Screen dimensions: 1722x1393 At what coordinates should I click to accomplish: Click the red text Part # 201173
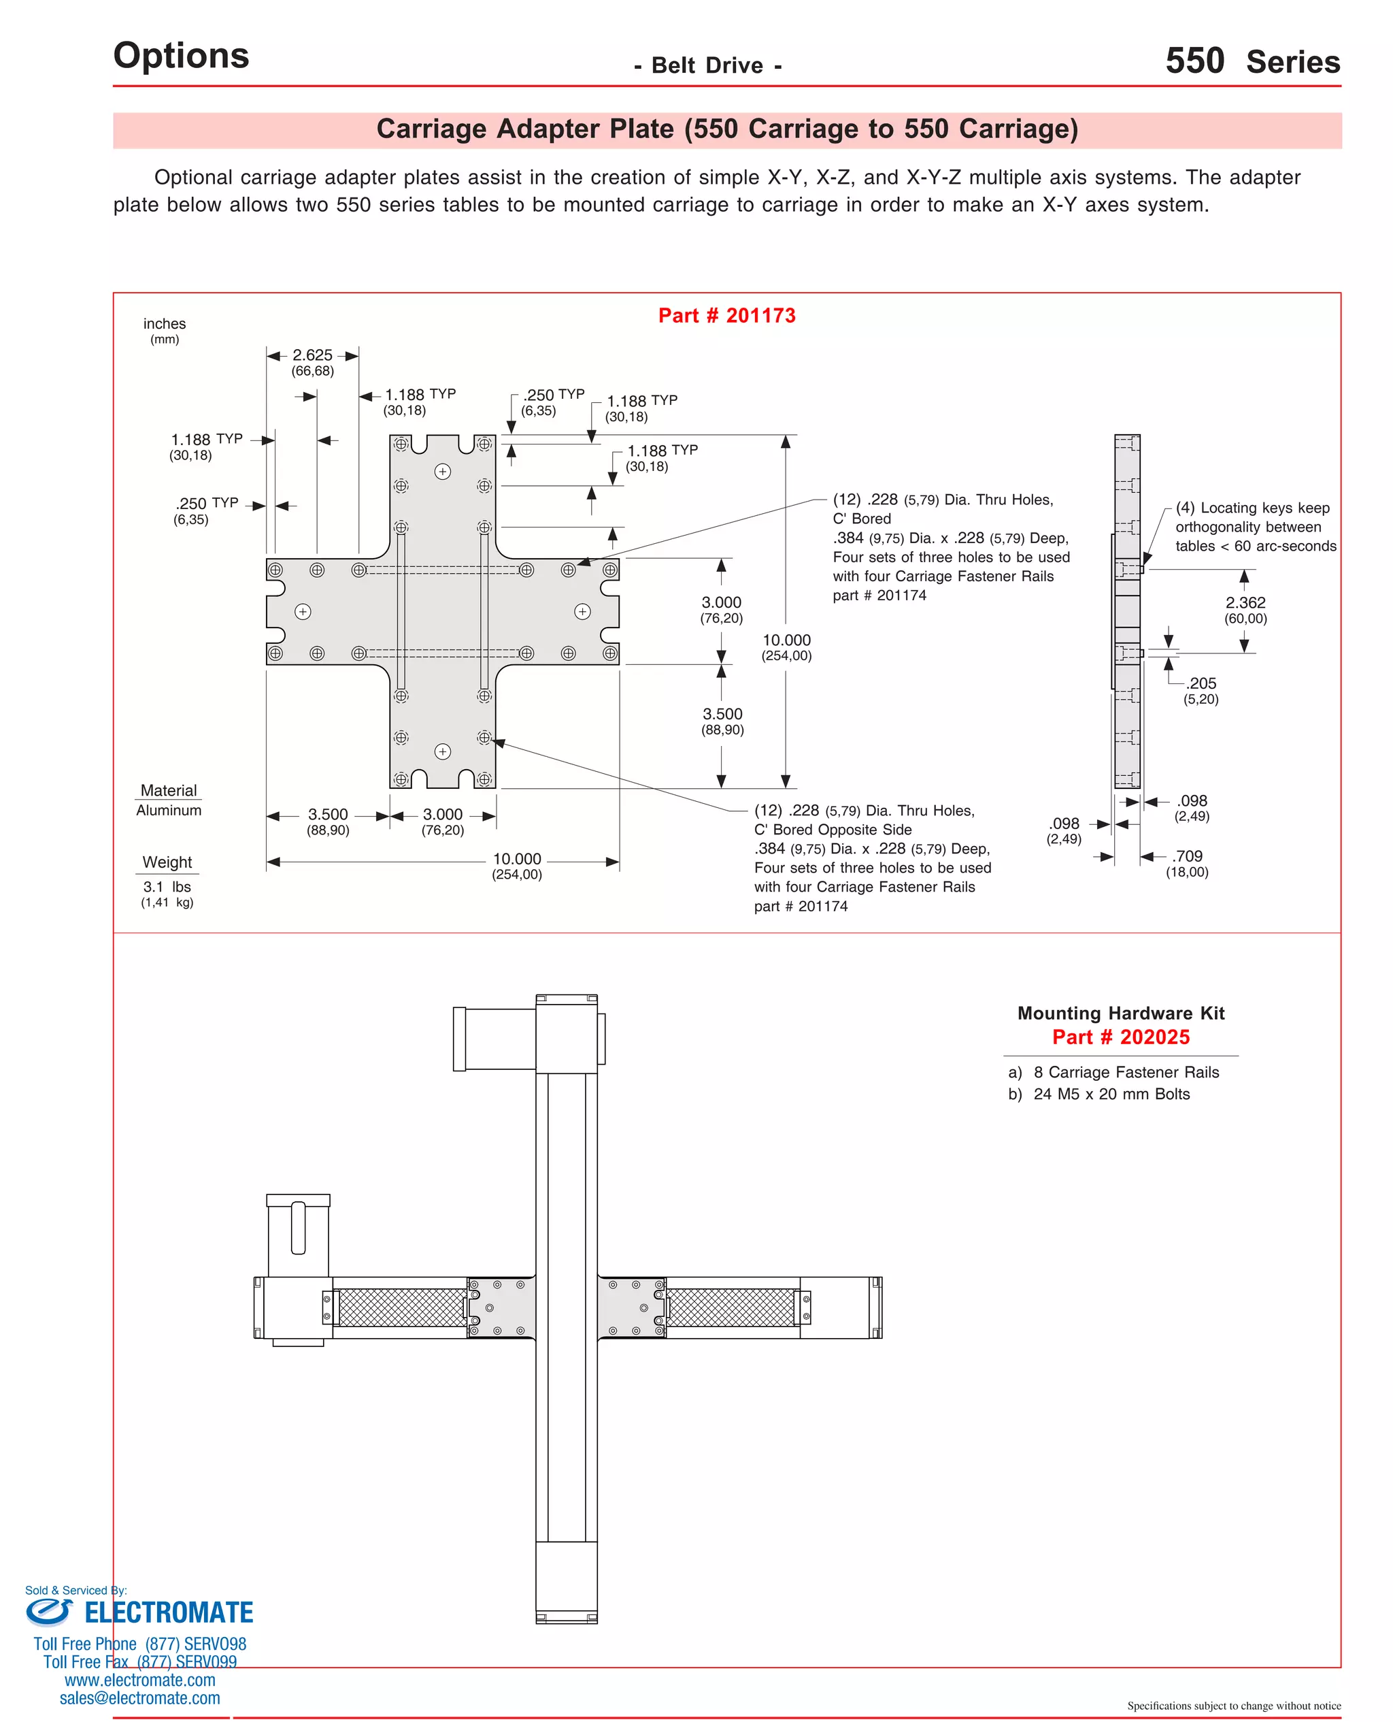pos(726,316)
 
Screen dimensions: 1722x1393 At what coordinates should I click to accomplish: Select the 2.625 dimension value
pos(312,355)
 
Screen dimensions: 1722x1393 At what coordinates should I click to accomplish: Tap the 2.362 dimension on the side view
pos(1245,602)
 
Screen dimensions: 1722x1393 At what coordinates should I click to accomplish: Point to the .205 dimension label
pos(1201,683)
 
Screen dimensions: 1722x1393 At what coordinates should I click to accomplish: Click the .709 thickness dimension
pos(1188,857)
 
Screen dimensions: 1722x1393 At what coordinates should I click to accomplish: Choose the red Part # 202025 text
pos(1120,1037)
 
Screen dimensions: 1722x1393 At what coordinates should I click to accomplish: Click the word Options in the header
pos(182,55)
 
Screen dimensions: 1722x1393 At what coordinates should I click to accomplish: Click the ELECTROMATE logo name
pos(169,1613)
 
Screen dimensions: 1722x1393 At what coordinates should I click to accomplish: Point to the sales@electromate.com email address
pos(139,1698)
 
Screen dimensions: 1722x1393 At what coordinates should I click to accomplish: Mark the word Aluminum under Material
pos(169,810)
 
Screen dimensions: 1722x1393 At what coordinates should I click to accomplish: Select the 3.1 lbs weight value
pos(167,886)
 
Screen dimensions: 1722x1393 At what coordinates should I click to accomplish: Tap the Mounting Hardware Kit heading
pos(1120,1013)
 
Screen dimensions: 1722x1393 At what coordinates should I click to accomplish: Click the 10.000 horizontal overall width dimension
pos(517,859)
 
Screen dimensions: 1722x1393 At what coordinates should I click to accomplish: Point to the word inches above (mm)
pos(165,323)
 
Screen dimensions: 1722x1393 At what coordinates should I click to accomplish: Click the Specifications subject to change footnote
pos(1233,1706)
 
